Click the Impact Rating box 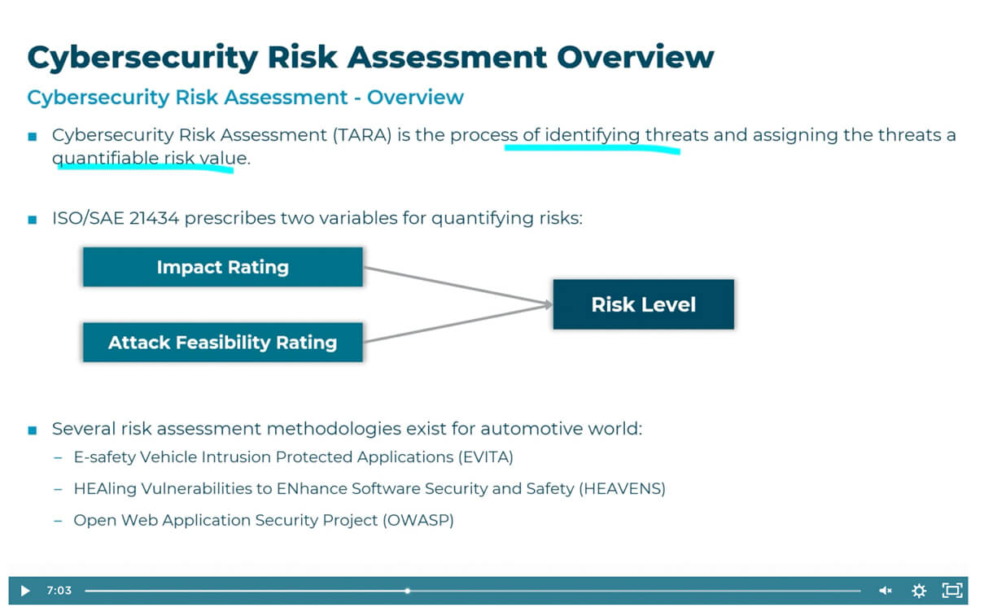(222, 267)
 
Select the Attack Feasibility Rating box (222, 342)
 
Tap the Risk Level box (643, 304)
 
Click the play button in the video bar (24, 591)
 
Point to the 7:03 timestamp (59, 591)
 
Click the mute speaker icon (886, 591)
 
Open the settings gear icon (919, 591)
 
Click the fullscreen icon (951, 591)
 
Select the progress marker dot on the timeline (407, 591)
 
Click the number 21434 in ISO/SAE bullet (152, 218)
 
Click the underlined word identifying (593, 135)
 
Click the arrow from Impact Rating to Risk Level (456, 286)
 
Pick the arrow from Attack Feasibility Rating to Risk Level (456, 323)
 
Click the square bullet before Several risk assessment (33, 430)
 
